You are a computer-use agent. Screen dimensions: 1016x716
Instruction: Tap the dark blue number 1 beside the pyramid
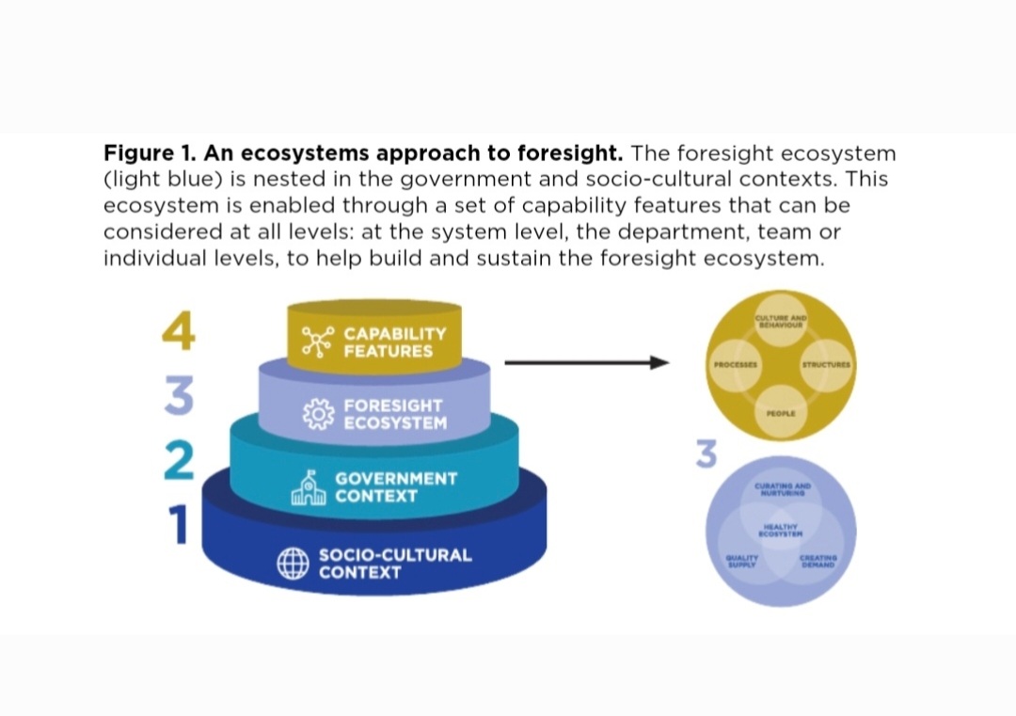[178, 525]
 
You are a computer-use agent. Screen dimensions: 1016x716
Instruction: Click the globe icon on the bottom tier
[293, 563]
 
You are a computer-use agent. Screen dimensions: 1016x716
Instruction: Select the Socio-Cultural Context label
[395, 563]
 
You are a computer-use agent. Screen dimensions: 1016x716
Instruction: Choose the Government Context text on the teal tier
[396, 486]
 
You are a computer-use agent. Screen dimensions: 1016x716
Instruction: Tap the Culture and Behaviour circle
[782, 323]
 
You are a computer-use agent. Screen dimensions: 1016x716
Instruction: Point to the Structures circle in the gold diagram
[826, 364]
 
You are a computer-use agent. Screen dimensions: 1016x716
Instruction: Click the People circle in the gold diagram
[781, 412]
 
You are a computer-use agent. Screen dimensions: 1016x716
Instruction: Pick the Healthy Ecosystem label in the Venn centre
[782, 531]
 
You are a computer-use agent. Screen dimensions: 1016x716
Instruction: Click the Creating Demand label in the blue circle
[818, 562]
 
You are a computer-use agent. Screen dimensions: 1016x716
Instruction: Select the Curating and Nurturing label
[783, 488]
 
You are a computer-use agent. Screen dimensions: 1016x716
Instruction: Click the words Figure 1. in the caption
[140, 153]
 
